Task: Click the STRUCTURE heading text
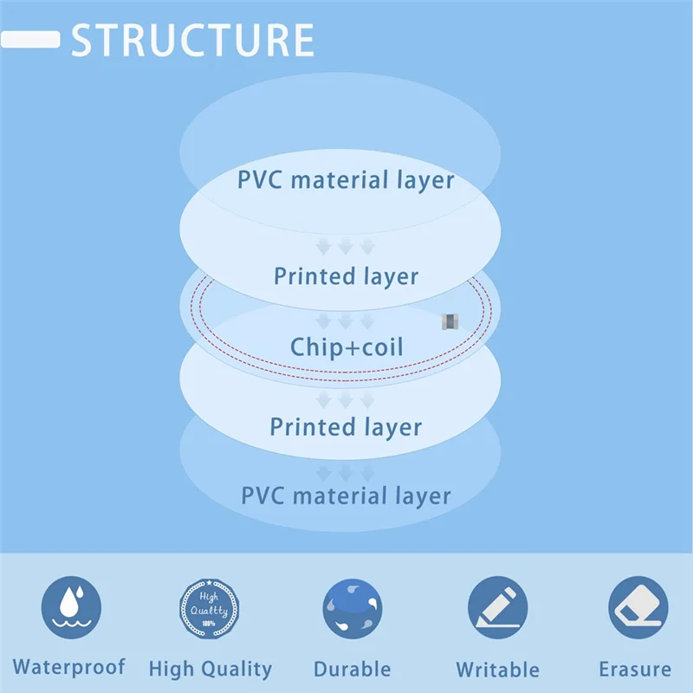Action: click(192, 40)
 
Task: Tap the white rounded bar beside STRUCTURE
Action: click(30, 40)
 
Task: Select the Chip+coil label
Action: click(346, 347)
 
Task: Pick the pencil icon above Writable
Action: click(497, 607)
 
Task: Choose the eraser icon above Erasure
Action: click(638, 607)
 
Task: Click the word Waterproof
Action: click(69, 667)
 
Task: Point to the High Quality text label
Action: click(210, 669)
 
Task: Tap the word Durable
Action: click(353, 670)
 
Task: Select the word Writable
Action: click(497, 670)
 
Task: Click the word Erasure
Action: click(635, 670)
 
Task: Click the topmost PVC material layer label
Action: click(346, 180)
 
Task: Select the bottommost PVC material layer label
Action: click(346, 496)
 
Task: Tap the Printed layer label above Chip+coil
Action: click(346, 276)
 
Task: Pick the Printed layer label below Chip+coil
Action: click(346, 427)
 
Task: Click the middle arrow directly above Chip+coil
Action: click(346, 321)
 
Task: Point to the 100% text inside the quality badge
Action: click(209, 624)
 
